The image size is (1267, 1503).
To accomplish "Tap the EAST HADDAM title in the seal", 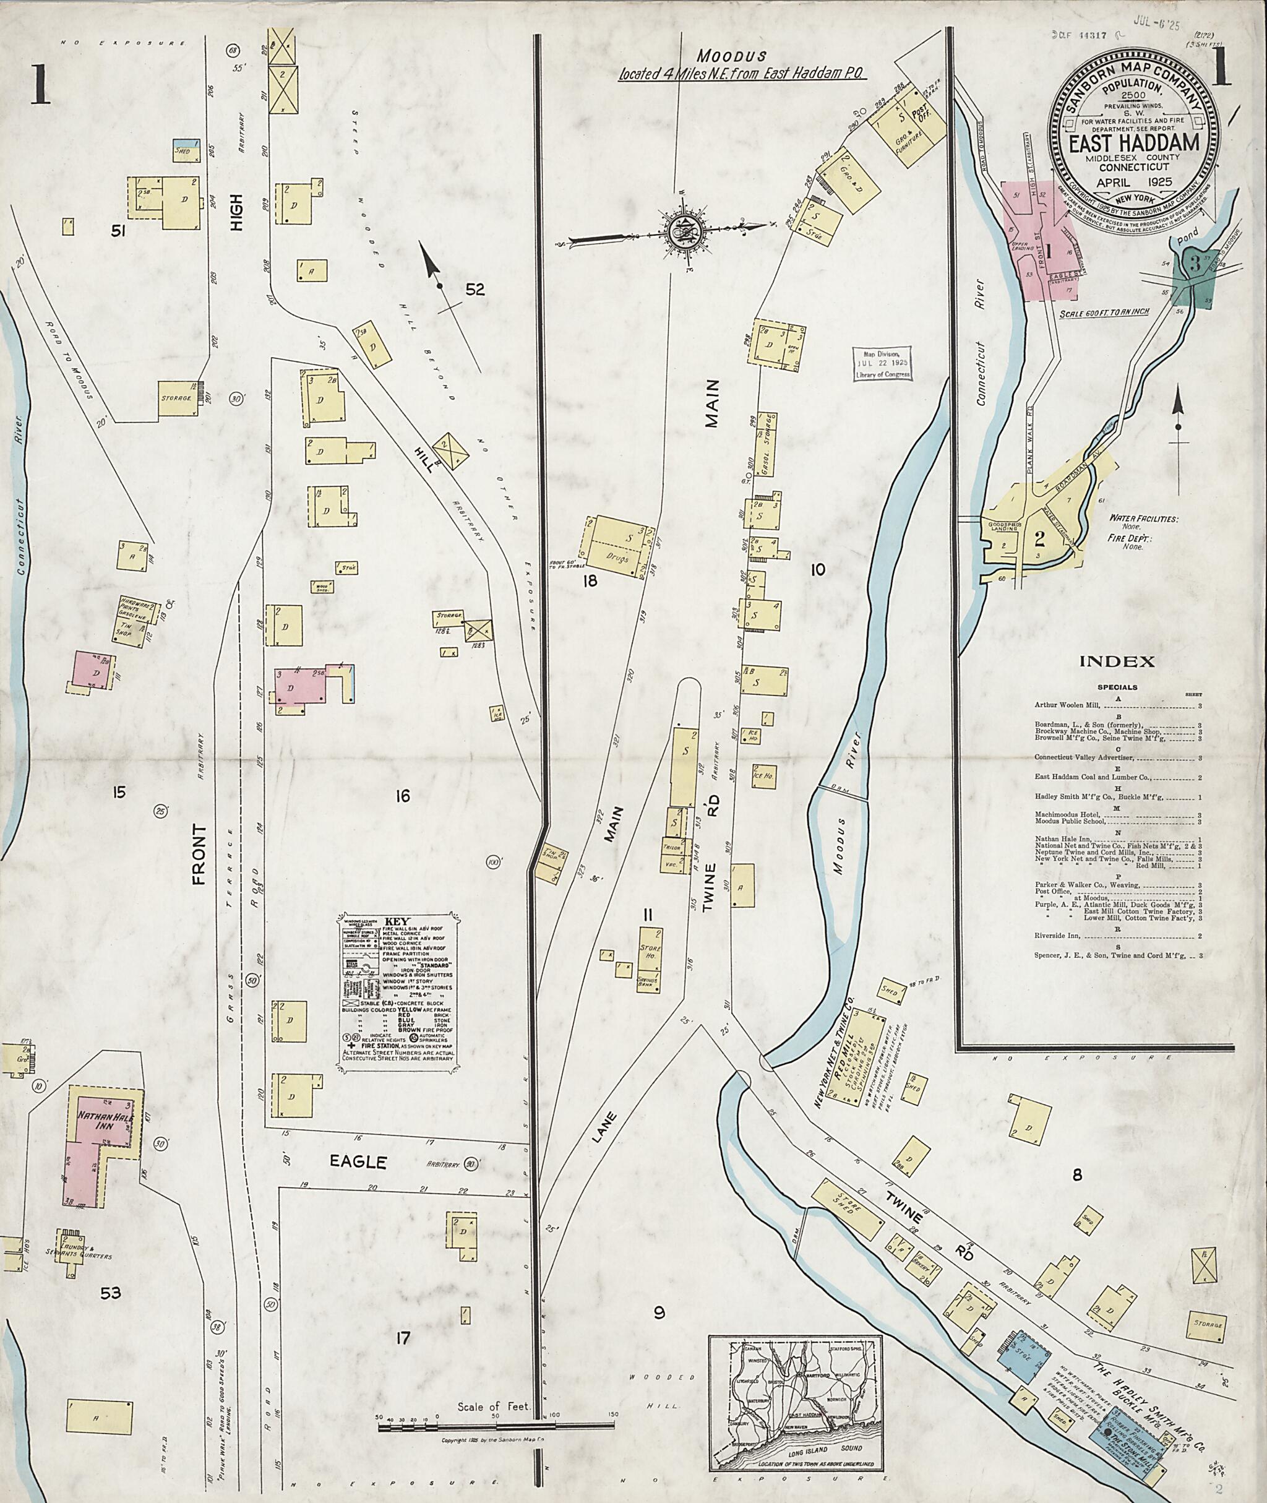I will click(1133, 142).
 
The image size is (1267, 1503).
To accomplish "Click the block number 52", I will click(475, 290).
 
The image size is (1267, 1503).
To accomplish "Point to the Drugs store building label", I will click(616, 558).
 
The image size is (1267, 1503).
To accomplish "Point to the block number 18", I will click(590, 580).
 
